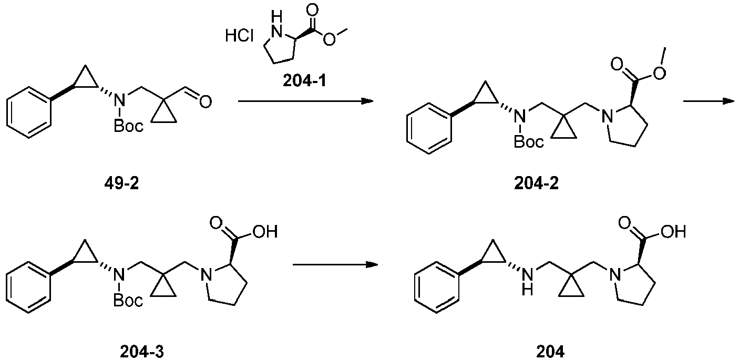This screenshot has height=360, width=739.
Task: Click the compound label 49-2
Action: [x=122, y=183]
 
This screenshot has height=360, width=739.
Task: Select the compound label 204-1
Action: [x=304, y=80]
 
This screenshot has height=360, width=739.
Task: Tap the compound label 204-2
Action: [x=536, y=183]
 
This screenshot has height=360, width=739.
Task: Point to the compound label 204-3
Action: [x=142, y=352]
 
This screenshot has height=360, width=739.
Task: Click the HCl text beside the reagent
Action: [x=239, y=36]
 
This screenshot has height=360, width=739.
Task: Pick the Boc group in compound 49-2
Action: [x=128, y=126]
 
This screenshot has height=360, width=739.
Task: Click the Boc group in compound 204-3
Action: [x=128, y=300]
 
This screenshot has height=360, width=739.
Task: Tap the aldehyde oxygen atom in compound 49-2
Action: [x=206, y=101]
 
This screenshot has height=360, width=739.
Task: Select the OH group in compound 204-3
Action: [x=265, y=232]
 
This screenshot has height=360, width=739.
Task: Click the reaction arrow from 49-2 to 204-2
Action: [x=305, y=100]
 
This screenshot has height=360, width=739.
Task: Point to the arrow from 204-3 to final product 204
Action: [x=335, y=265]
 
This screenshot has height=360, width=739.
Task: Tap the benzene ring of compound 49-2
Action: [x=29, y=112]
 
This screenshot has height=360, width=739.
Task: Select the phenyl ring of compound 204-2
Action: [x=429, y=128]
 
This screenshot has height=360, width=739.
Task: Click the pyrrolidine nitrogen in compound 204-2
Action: [x=607, y=117]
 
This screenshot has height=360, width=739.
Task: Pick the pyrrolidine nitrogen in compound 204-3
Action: [x=206, y=274]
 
